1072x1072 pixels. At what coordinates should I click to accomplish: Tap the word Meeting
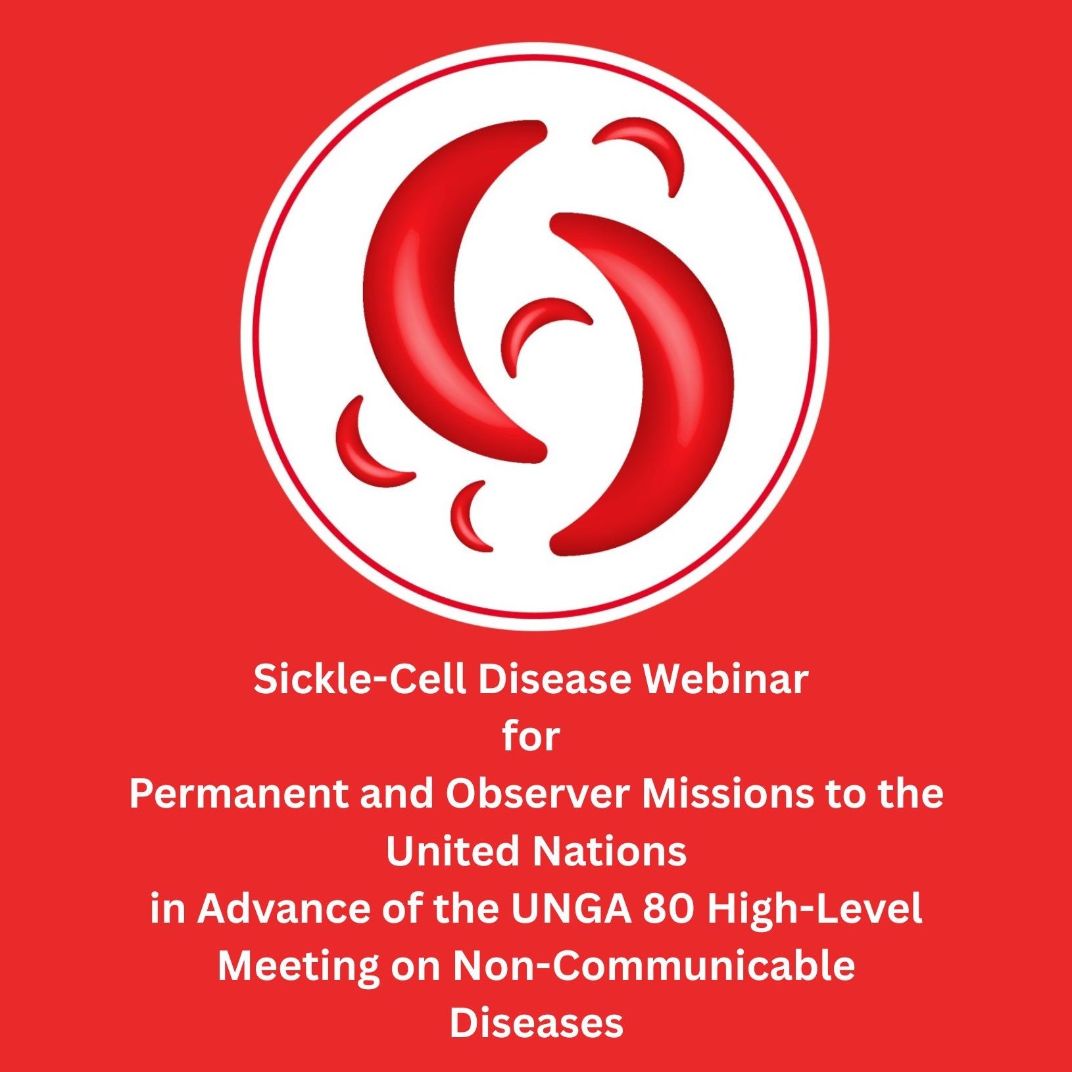(299, 965)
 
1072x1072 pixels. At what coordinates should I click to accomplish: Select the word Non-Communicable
(654, 965)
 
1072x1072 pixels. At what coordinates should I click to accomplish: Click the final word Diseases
(536, 1023)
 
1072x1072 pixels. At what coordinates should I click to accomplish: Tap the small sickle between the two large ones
(526, 322)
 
